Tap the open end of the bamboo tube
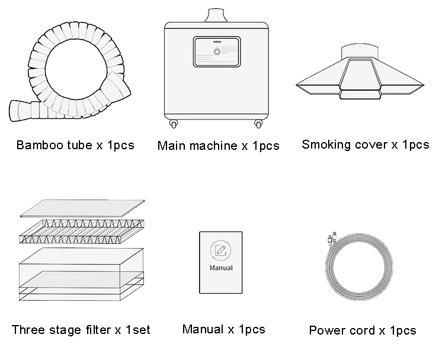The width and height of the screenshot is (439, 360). tap(15, 111)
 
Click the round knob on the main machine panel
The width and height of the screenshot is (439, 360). tap(217, 52)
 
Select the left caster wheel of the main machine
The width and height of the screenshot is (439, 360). tap(174, 124)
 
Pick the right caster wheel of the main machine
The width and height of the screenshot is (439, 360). tap(258, 124)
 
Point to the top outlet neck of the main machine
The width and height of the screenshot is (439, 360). tap(217, 15)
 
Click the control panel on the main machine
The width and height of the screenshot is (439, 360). tap(217, 52)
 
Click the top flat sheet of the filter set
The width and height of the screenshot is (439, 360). tap(82, 208)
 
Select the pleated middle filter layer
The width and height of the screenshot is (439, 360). tap(82, 232)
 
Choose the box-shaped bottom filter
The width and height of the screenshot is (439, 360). tap(81, 274)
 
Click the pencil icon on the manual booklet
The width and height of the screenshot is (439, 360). tap(220, 250)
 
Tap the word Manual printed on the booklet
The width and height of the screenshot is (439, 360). tap(221, 268)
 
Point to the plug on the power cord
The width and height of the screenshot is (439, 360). tap(332, 238)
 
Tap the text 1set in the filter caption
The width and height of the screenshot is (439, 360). tap(138, 330)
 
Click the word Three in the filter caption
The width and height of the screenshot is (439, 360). tap(28, 330)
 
